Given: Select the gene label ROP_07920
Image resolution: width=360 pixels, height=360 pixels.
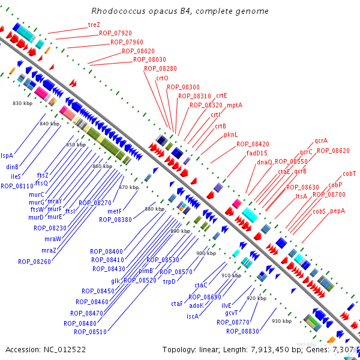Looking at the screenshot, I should [115, 34].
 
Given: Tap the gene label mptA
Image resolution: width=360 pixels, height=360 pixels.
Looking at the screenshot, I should [235, 105].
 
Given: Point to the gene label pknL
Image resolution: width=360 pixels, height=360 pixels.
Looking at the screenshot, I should [231, 135].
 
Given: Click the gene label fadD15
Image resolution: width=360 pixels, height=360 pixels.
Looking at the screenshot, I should [257, 153].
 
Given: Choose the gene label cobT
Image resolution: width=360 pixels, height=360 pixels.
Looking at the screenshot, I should [349, 174].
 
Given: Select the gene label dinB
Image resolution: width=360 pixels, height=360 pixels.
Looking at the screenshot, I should [13, 167].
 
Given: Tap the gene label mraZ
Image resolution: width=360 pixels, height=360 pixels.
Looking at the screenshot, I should [49, 250].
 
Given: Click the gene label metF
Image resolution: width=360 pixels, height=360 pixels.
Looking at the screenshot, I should [115, 211].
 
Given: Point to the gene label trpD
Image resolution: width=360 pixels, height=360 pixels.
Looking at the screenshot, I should [169, 281].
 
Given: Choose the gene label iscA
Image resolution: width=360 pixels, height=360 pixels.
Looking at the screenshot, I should [193, 316].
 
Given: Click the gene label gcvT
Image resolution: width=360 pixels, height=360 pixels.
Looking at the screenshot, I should [232, 313].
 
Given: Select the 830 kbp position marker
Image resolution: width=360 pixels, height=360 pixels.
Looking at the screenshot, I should [22, 104].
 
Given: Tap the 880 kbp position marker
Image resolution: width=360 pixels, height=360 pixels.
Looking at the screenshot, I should [154, 209].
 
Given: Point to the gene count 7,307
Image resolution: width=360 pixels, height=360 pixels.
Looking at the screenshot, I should [343, 349].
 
